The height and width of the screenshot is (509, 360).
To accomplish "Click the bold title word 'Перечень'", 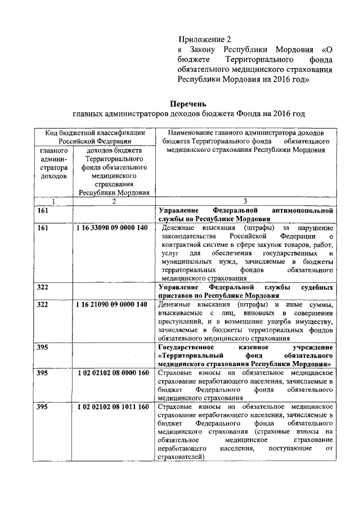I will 189,104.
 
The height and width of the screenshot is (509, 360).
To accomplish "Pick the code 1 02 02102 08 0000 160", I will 112,373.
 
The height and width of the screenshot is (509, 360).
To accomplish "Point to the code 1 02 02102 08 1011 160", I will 112,407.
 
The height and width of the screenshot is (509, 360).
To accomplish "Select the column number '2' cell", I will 113,202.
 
